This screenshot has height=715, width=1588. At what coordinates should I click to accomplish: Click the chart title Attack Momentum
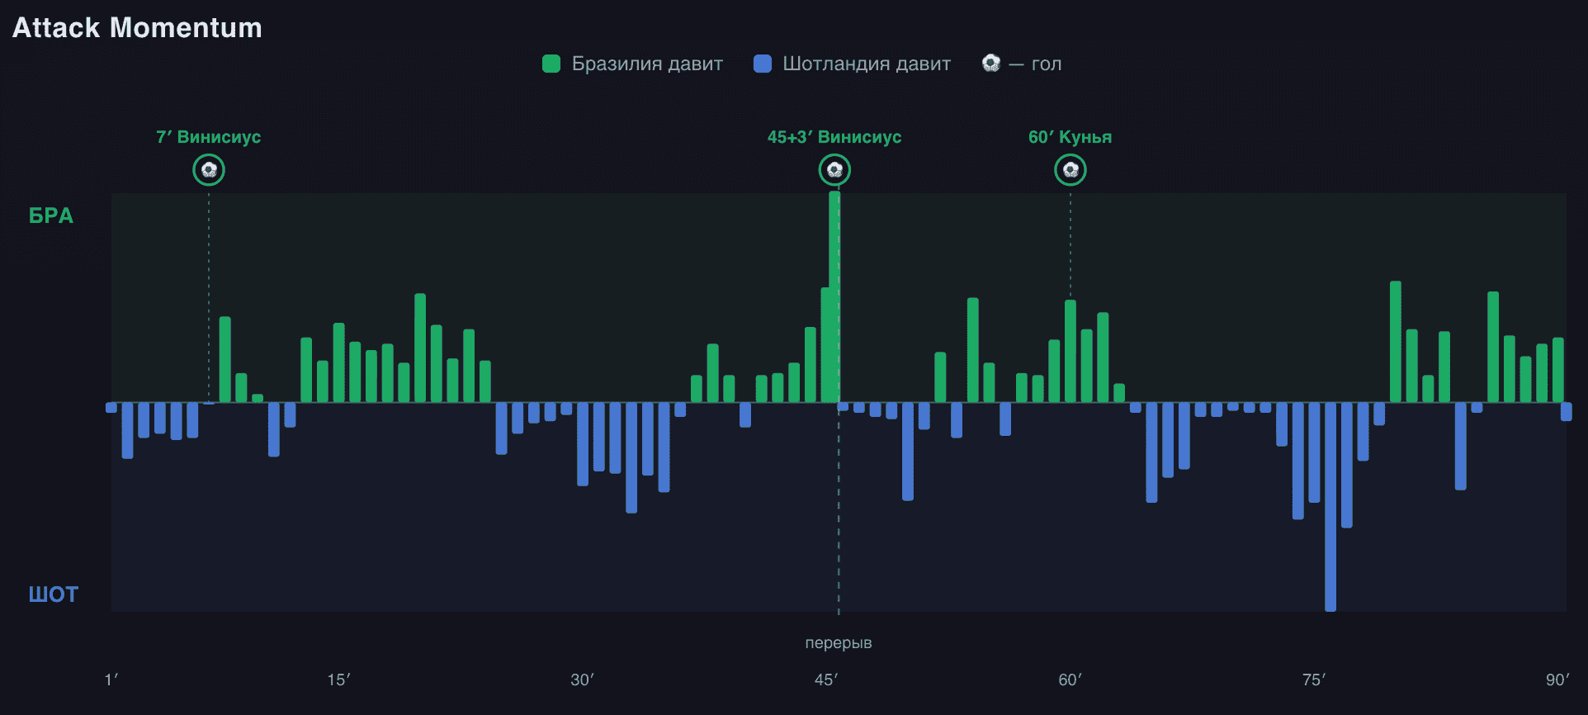137,28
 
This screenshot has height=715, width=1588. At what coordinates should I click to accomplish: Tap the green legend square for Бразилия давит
551,64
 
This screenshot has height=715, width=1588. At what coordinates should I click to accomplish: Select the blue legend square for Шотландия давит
763,64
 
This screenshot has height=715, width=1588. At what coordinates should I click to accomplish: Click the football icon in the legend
991,63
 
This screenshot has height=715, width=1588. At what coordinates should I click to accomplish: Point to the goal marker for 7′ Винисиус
209,170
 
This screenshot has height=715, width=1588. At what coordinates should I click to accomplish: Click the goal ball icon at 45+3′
834,170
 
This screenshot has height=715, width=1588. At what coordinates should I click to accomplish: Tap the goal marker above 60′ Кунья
1070,170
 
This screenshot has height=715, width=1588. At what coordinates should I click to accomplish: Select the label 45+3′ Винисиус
834,137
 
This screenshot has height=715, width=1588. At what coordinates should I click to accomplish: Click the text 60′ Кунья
1070,137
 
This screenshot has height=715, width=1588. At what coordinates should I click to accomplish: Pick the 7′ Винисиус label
209,137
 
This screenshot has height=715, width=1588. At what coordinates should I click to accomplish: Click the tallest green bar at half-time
834,297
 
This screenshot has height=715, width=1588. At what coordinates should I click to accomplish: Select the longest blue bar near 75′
1330,507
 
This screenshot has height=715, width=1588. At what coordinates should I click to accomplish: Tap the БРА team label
51,215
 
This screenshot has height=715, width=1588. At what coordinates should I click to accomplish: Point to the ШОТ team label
54,594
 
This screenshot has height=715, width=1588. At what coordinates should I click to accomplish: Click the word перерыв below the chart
839,642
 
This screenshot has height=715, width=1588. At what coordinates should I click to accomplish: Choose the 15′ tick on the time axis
338,679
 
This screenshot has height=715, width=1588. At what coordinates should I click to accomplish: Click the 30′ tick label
582,679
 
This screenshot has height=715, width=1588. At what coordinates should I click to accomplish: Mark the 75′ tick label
1313,679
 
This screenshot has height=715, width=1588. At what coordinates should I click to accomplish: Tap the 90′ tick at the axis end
1557,679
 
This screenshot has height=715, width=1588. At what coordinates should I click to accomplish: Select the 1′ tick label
111,679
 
